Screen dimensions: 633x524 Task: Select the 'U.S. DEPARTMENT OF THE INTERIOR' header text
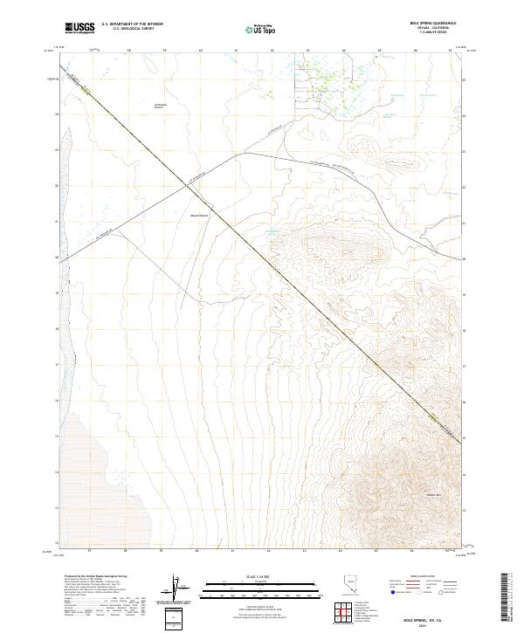click(132, 25)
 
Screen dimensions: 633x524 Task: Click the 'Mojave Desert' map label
click(198, 216)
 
